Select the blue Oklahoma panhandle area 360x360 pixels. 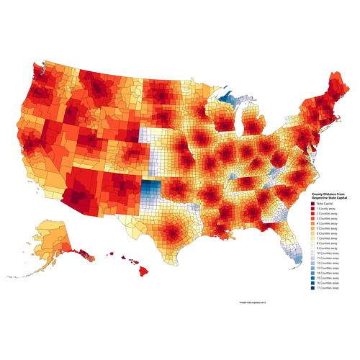pos(150,191)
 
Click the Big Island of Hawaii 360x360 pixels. pos(143,271)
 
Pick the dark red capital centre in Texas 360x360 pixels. pos(172,232)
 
